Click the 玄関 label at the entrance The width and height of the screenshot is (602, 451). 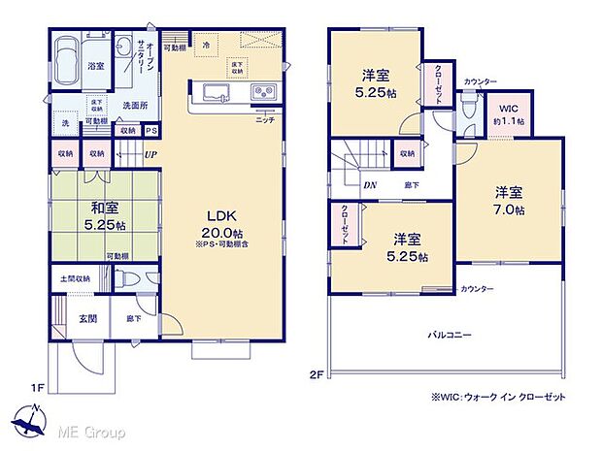click(x=87, y=318)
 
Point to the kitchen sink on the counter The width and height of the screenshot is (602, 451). click(x=215, y=93)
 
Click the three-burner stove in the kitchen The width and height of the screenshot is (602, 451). click(x=264, y=93)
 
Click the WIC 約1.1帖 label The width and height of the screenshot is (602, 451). click(x=509, y=115)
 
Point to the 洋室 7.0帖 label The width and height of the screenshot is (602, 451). click(x=507, y=201)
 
